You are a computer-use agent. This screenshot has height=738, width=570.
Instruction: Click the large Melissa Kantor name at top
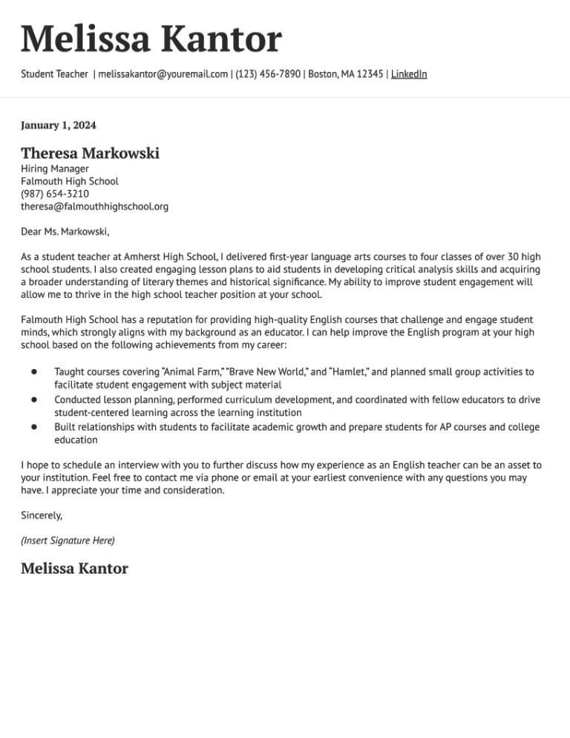tap(151, 39)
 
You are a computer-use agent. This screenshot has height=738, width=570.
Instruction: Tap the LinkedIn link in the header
tap(409, 74)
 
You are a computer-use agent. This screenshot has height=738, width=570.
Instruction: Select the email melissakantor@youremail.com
tap(163, 74)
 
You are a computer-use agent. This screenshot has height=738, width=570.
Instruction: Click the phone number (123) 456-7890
tap(268, 74)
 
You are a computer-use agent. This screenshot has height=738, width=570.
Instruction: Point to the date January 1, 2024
tap(59, 125)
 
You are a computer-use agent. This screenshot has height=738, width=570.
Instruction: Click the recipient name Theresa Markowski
tap(90, 154)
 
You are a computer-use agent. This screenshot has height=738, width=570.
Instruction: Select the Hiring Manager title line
tap(55, 169)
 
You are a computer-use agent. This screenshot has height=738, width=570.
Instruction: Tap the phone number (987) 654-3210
tap(55, 194)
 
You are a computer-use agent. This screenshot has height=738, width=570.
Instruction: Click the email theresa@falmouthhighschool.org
tap(94, 206)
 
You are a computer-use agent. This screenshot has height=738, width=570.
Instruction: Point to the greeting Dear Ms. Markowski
tap(65, 232)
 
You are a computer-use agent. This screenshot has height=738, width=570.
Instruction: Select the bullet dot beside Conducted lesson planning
tap(34, 399)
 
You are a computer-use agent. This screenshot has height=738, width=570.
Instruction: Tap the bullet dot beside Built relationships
tap(34, 427)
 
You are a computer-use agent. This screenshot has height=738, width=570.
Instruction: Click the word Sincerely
tap(42, 515)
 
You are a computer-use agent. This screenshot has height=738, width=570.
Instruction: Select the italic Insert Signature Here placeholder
tap(68, 541)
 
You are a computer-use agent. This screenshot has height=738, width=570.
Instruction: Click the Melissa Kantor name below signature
tap(74, 569)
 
